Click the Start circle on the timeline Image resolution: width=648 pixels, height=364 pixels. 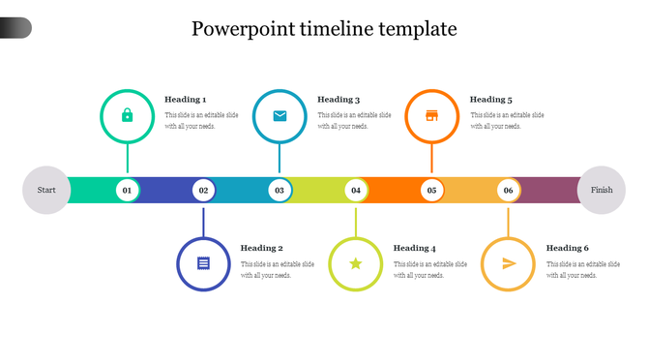pos(46,191)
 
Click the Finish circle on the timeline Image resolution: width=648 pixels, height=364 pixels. pos(602,191)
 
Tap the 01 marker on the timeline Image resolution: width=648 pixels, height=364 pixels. pos(127,191)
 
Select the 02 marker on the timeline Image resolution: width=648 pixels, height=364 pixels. pos(203,191)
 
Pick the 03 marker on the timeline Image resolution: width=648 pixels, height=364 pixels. pos(280,191)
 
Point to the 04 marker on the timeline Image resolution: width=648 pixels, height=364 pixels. pos(356,191)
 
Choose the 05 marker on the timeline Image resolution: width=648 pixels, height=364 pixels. pos(431,191)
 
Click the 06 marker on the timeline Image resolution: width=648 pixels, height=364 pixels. pos(508,191)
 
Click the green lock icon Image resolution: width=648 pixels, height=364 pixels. pos(127,116)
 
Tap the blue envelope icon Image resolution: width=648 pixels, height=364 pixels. pos(280,116)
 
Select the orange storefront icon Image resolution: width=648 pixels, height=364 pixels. pos(431,116)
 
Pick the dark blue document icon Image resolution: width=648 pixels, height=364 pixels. pos(203,263)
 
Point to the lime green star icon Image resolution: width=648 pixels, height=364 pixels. pos(356,263)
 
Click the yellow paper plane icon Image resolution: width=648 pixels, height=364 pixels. pos(509,263)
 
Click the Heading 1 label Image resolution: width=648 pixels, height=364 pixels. pos(185,100)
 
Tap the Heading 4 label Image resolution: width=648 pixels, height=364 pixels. pos(414,249)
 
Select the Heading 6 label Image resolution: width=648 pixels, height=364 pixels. pos(567,249)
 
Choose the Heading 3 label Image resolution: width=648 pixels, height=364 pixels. pos(339,100)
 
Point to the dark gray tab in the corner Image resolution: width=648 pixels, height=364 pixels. pos(15,28)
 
